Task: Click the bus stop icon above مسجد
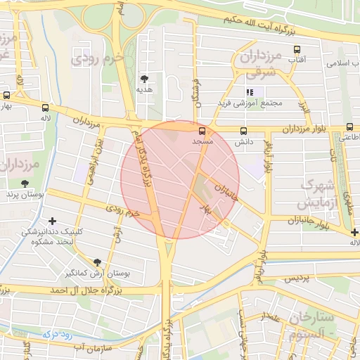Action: click(202, 131)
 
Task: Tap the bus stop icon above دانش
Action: click(244, 131)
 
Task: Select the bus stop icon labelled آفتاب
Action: click(297, 50)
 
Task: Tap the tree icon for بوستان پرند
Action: click(25, 183)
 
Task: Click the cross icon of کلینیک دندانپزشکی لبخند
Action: click(52, 221)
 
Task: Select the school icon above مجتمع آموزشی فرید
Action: click(248, 92)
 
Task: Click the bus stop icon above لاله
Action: click(46, 108)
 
